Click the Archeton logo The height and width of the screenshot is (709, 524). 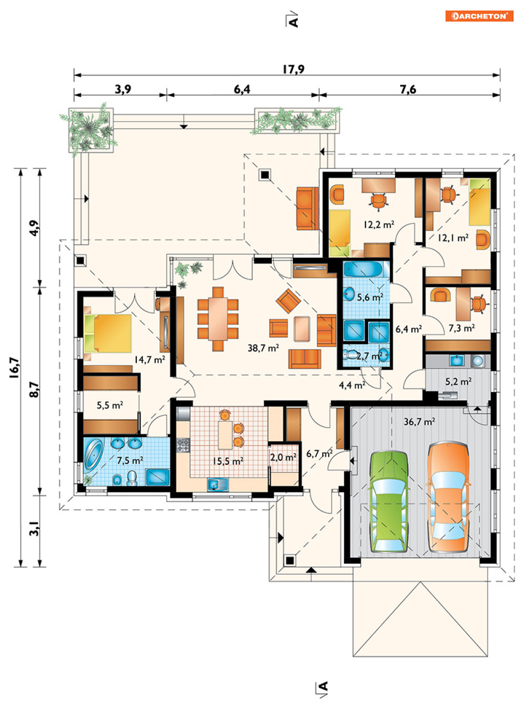(479, 16)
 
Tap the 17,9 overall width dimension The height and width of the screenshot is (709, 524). (293, 69)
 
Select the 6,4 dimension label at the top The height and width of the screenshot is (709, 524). (242, 89)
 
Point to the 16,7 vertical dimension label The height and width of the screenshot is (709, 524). (15, 368)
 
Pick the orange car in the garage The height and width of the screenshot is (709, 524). (449, 497)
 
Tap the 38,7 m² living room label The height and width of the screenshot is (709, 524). (263, 348)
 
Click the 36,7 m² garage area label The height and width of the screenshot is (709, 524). (419, 422)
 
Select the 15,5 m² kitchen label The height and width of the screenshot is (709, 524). (228, 461)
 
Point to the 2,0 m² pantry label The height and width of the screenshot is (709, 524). (283, 457)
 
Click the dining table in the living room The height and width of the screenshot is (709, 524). (218, 318)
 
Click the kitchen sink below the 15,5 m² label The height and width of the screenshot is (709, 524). (217, 484)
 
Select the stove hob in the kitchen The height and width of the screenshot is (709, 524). (183, 445)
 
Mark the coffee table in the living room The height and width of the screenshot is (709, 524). (302, 328)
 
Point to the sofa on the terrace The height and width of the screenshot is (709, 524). (307, 208)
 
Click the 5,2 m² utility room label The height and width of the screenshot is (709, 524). (458, 381)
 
